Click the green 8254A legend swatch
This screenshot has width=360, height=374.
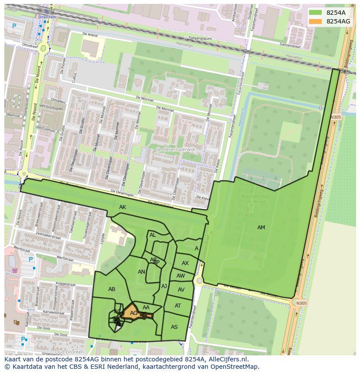[316, 13]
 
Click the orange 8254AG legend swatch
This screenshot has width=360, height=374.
[316, 21]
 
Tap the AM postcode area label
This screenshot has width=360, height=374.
[261, 228]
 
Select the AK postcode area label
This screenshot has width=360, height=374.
[123, 208]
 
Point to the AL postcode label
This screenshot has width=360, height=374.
[153, 235]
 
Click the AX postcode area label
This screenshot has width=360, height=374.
[185, 263]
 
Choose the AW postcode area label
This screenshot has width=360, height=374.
[180, 276]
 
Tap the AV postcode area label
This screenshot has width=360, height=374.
[181, 290]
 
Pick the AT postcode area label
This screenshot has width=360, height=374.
[178, 306]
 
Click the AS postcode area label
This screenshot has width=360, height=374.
[174, 327]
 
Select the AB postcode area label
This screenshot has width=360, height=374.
[112, 289]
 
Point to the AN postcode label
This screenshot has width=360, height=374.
[141, 272]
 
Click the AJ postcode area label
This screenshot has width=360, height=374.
[164, 286]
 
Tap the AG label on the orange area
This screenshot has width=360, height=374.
[133, 313]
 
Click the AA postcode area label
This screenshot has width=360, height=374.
[146, 308]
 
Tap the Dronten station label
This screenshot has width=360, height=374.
[47, 17]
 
